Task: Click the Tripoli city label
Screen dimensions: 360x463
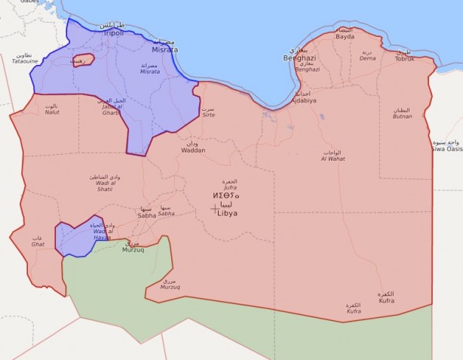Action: [x=113, y=33]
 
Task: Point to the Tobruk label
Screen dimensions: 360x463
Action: [x=405, y=58]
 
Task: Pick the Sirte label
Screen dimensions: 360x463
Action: [x=208, y=116]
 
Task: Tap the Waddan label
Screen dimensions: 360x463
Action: [x=193, y=150]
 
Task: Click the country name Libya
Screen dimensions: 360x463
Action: [x=227, y=213]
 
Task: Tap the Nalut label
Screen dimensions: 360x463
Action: [x=52, y=112]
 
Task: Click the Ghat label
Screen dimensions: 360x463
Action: [x=38, y=244]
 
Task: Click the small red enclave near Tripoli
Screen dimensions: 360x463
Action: [x=83, y=60]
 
